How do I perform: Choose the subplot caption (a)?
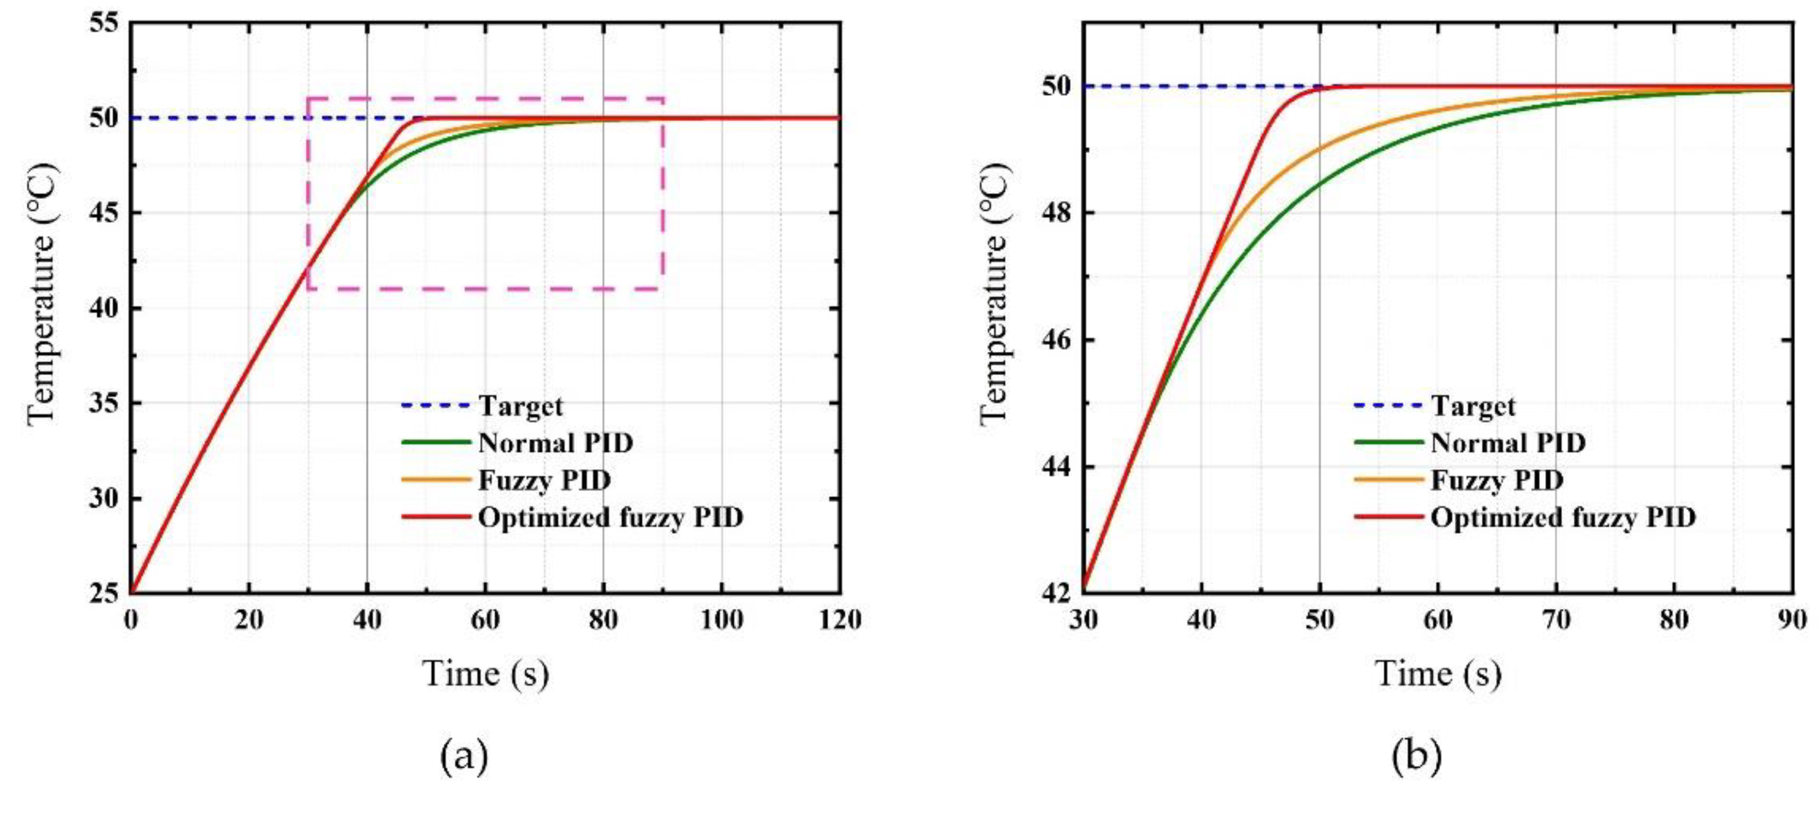pyautogui.click(x=464, y=757)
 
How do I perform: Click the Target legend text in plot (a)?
pyautogui.click(x=520, y=406)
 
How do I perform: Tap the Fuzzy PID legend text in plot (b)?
pyautogui.click(x=1497, y=480)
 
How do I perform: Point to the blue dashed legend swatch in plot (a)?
pyautogui.click(x=435, y=405)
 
